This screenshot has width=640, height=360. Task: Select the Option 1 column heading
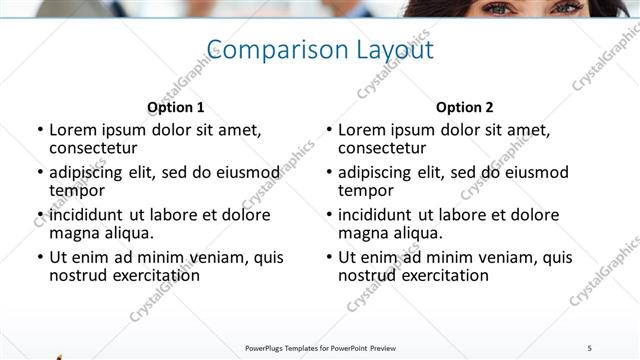[176, 107]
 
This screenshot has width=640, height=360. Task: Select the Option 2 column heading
[465, 107]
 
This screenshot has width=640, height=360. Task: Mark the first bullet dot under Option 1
[40, 131]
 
